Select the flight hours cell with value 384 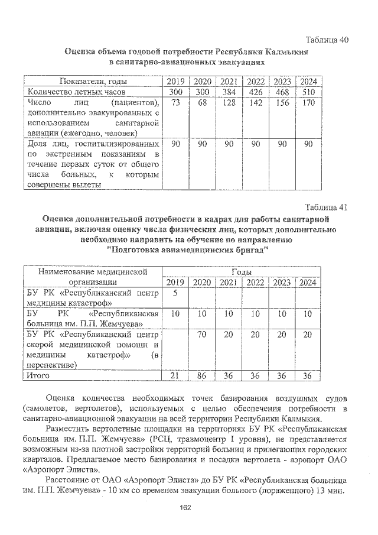pyautogui.click(x=229, y=93)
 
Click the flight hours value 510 pyautogui.click(x=306, y=93)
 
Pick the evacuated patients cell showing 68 pyautogui.click(x=203, y=103)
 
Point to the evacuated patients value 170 pyautogui.click(x=306, y=103)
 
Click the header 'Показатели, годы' pyautogui.click(x=91, y=82)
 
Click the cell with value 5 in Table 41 pyautogui.click(x=175, y=294)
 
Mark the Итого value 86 pyautogui.click(x=203, y=375)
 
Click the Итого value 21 pyautogui.click(x=175, y=375)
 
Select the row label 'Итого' pyautogui.click(x=38, y=375)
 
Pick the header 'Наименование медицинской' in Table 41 pyautogui.click(x=92, y=271)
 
